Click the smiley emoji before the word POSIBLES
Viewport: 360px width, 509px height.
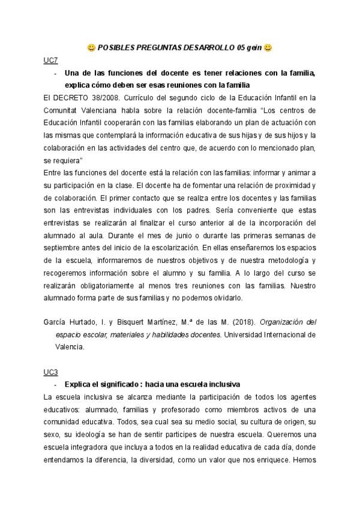coord(91,47)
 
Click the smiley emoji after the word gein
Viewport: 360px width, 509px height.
coord(268,47)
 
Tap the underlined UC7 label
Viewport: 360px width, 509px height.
coord(50,60)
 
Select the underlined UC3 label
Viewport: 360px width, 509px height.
coord(50,372)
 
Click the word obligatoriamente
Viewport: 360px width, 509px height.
coord(116,286)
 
